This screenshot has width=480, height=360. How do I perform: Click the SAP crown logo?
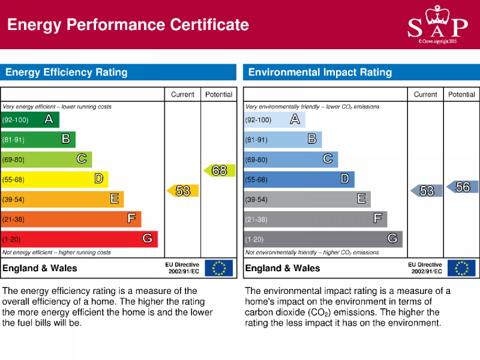(437, 23)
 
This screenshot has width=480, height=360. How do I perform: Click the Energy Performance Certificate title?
(128, 25)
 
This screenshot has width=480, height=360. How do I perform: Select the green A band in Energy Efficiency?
(30, 119)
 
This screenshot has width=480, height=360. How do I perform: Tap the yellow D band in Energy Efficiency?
(54, 179)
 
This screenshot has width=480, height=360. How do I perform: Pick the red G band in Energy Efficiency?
(79, 239)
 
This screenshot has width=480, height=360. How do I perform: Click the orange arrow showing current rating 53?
(182, 191)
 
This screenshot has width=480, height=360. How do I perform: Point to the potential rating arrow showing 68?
(219, 171)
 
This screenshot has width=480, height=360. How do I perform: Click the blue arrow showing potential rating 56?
(462, 187)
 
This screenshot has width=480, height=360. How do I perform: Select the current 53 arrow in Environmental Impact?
(426, 191)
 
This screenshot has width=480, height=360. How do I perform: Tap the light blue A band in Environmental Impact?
(274, 119)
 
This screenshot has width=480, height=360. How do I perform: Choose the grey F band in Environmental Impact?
(315, 219)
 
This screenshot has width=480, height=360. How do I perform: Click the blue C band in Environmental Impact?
(290, 159)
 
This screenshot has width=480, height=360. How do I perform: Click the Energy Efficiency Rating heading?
(67, 73)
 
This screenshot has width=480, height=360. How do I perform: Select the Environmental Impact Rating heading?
(320, 73)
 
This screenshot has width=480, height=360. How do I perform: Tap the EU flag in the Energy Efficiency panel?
(218, 268)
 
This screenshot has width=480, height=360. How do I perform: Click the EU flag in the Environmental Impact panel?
(461, 268)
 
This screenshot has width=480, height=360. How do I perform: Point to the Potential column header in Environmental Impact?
(461, 94)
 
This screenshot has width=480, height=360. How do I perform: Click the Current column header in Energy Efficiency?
(182, 94)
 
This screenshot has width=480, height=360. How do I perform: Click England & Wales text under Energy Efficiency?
(40, 268)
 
